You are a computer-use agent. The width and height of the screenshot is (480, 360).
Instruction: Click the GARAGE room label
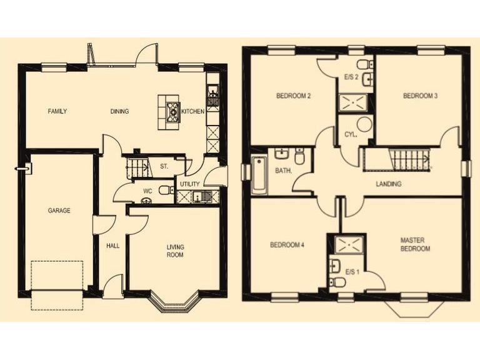pos(59,211)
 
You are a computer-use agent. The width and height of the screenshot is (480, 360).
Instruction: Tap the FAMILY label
pos(57,112)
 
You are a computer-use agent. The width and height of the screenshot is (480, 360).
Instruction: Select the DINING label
pos(119,112)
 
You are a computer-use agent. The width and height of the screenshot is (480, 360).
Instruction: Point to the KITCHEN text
pos(192,112)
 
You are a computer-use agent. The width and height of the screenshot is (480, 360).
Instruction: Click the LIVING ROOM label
pos(175,251)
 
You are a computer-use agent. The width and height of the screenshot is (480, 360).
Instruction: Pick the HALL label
pos(112,246)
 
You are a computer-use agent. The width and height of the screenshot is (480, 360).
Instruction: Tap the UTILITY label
pos(190,184)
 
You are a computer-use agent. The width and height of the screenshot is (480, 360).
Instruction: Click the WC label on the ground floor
pos(147,191)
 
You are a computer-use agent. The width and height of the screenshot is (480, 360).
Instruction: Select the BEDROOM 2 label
pos(294,96)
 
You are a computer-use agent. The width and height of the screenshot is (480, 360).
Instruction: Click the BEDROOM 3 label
pos(420,96)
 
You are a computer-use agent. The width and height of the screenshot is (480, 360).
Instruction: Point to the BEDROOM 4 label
pos(287,245)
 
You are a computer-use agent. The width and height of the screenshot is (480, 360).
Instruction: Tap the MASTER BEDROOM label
pos(416,244)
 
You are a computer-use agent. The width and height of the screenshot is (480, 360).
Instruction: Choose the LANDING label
pos(388,184)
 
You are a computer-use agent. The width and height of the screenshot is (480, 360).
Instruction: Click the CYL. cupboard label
pos(351,134)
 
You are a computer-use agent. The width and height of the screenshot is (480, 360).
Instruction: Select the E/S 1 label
pos(352,272)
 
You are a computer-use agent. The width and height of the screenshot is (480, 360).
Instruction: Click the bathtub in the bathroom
pos(259,175)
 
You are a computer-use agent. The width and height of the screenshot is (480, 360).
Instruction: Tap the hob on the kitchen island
pos(172,111)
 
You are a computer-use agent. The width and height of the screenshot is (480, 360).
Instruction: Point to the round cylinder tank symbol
pos(364,124)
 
